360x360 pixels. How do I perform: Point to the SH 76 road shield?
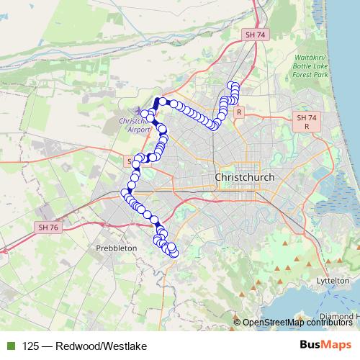click(x=45, y=227)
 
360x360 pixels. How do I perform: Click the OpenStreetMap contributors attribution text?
click(x=296, y=323)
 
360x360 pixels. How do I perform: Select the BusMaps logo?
click(x=325, y=346)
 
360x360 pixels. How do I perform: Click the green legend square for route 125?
click(x=9, y=346)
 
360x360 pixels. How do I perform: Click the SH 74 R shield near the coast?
click(x=307, y=121)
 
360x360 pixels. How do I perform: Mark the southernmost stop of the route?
click(x=173, y=253)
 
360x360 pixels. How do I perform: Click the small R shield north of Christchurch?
click(x=240, y=112)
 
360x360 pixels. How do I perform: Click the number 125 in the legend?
click(x=31, y=346)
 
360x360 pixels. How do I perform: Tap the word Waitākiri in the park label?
click(x=312, y=57)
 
